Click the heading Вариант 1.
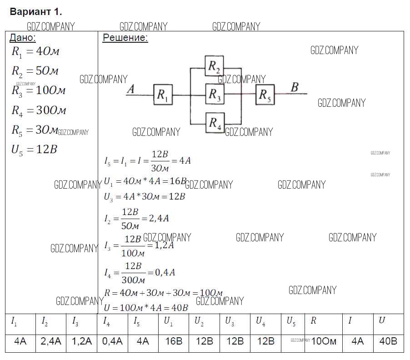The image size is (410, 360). pyautogui.click(x=36, y=12)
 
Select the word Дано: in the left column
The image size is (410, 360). pyautogui.click(x=23, y=38)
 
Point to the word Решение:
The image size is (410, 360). pyautogui.click(x=125, y=38)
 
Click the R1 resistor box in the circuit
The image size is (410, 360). pyautogui.click(x=163, y=95)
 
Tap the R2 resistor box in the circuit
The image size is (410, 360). pyautogui.click(x=214, y=67)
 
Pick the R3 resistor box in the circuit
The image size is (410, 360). pyautogui.click(x=214, y=94)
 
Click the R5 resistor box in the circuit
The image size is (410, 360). pyautogui.click(x=265, y=95)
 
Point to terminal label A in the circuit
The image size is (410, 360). pyautogui.click(x=130, y=89)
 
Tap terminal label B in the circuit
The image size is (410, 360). pyautogui.click(x=295, y=87)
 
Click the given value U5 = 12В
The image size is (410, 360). pyautogui.click(x=35, y=150)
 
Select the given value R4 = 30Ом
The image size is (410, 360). pyautogui.click(x=39, y=110)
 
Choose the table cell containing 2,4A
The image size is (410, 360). pyautogui.click(x=51, y=341)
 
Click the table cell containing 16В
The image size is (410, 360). pyautogui.click(x=173, y=341)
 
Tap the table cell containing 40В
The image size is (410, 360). pyautogui.click(x=388, y=341)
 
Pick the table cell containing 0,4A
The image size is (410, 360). pyautogui.click(x=112, y=341)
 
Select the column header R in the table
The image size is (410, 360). pyautogui.click(x=314, y=321)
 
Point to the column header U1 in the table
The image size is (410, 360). pyautogui.click(x=168, y=321)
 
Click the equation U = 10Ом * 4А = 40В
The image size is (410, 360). pyautogui.click(x=146, y=307)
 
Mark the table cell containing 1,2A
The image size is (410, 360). pyautogui.click(x=81, y=341)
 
